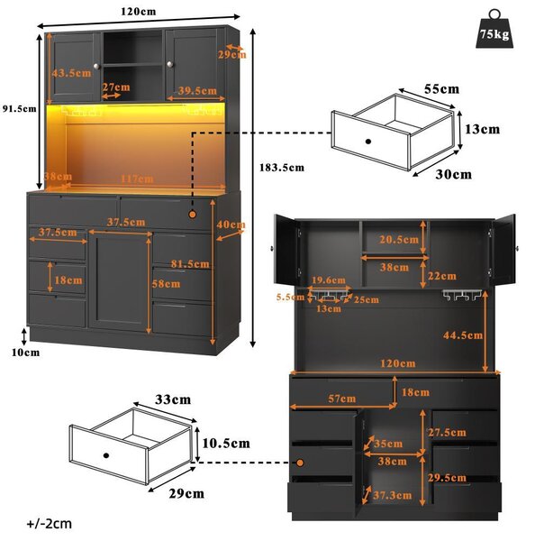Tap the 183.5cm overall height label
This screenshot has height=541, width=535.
(282, 168)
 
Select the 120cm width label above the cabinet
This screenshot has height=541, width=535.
(138, 12)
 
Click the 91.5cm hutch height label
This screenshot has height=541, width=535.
(19, 109)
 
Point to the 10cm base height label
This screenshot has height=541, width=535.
(25, 353)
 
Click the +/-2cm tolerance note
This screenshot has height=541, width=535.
(50, 524)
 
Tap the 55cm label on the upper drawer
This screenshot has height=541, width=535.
(441, 89)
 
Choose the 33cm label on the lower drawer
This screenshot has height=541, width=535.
(173, 399)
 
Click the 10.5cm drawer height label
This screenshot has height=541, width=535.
(226, 444)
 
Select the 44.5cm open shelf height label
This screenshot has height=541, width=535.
(463, 335)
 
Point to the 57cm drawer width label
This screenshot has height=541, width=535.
(341, 399)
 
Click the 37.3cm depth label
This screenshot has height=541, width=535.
(393, 495)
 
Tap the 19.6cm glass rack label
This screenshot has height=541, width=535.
(329, 280)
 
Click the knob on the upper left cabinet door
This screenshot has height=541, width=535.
(96, 66)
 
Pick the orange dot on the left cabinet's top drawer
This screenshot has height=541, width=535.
(193, 215)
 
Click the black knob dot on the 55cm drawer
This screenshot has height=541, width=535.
(368, 142)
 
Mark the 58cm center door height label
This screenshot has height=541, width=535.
(166, 284)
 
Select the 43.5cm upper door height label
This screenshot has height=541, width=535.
(72, 73)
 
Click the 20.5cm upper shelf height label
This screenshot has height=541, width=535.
(399, 240)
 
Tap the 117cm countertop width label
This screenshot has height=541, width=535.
(137, 179)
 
